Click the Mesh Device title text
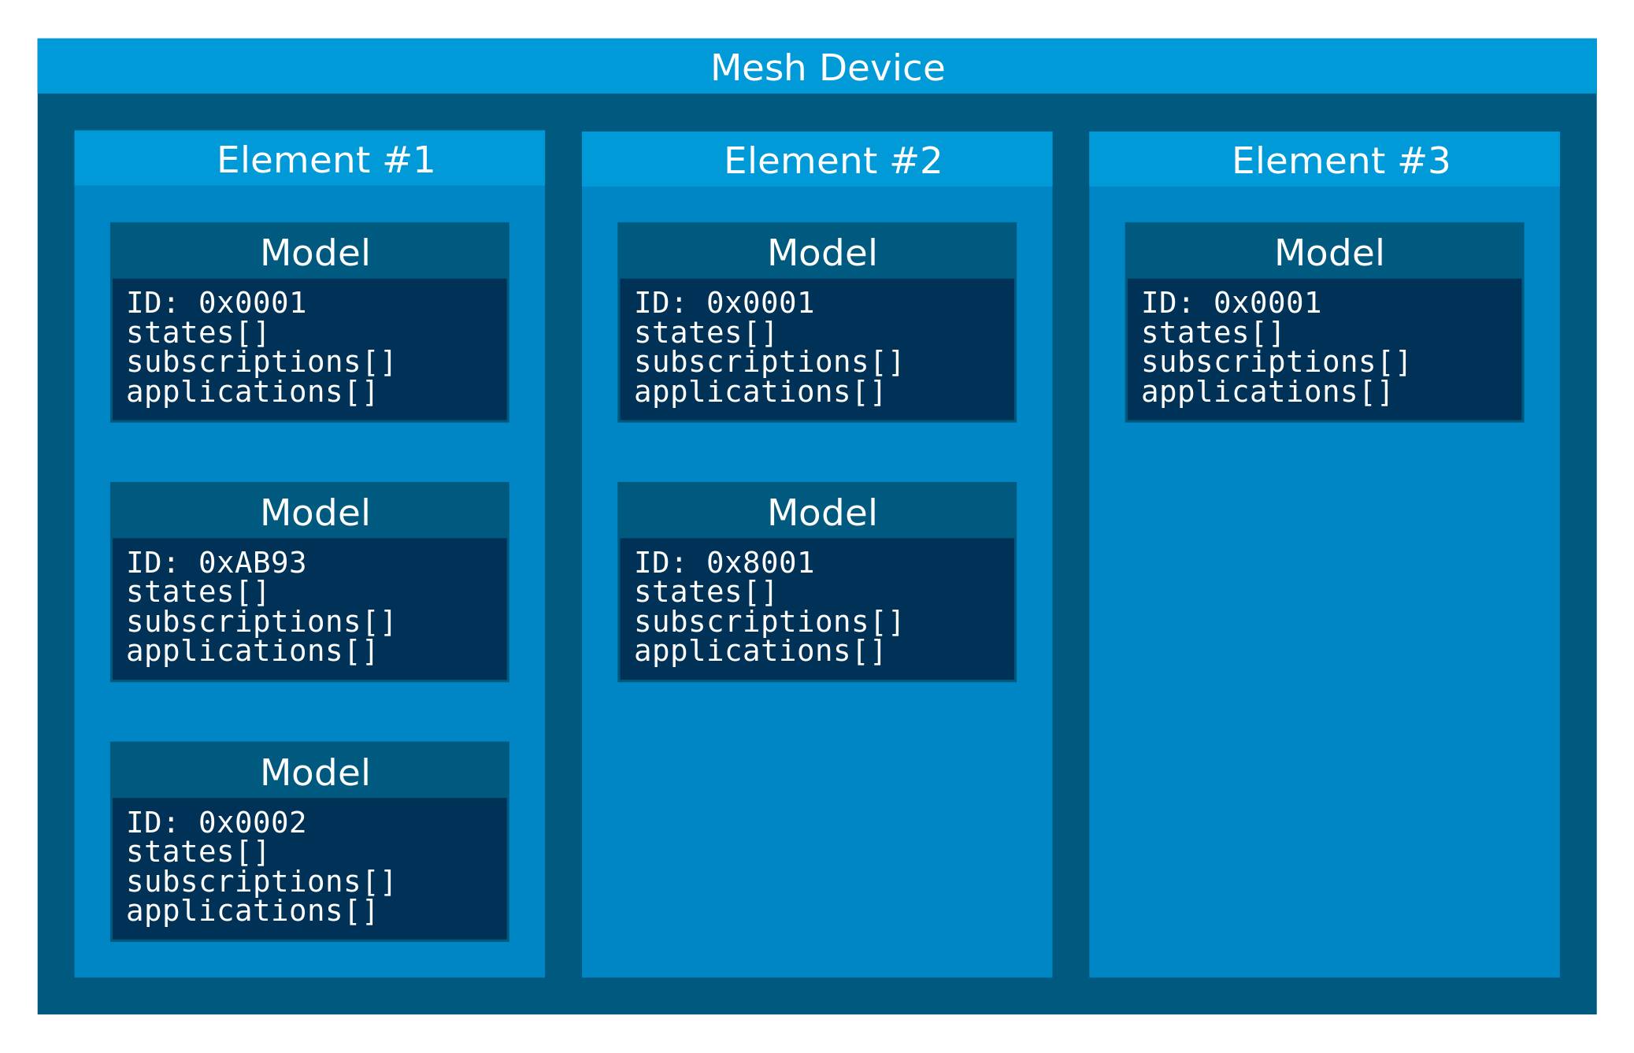tap(827, 68)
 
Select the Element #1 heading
tap(325, 161)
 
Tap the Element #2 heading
tap(832, 161)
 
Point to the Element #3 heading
tap(1340, 161)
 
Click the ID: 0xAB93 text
tap(216, 563)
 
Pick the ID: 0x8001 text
tap(724, 563)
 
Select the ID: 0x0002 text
tap(216, 823)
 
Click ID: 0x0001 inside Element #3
tap(1231, 303)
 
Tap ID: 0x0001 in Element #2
tap(724, 303)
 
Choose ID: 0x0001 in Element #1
tap(216, 303)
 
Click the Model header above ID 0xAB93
tap(315, 513)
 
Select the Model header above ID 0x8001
tap(822, 513)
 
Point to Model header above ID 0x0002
tap(315, 773)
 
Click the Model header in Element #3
tap(1329, 253)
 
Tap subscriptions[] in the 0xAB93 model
tap(260, 622)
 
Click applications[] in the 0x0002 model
tap(252, 911)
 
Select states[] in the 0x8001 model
tap(705, 592)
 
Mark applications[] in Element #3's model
tap(1266, 392)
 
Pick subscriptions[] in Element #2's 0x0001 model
tap(768, 362)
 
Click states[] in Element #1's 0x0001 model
tap(198, 333)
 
